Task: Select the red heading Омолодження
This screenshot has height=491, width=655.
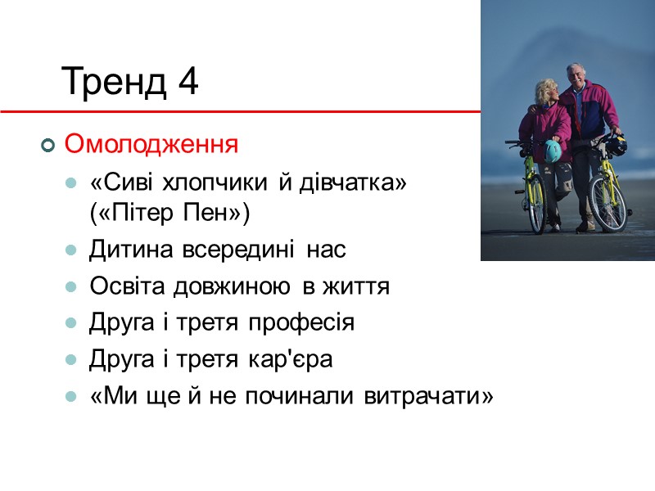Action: click(x=151, y=145)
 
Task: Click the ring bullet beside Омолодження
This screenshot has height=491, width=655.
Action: click(x=47, y=146)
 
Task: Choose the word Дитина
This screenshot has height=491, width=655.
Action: click(x=129, y=251)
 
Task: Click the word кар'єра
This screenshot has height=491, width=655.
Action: click(x=294, y=359)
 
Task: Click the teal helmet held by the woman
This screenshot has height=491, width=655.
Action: click(x=553, y=151)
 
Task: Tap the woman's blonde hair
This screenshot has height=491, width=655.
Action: click(x=544, y=88)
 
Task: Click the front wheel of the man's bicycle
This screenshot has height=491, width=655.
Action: click(x=607, y=200)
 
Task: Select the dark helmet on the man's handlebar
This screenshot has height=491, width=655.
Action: click(x=617, y=146)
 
